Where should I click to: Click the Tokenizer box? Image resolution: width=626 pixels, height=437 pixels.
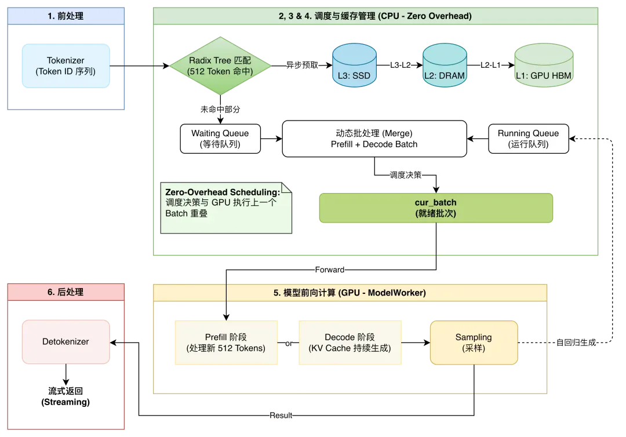66,66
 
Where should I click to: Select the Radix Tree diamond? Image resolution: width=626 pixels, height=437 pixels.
220,66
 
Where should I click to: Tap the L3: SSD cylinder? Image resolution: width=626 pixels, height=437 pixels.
354,65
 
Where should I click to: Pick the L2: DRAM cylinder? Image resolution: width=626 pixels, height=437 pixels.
445,65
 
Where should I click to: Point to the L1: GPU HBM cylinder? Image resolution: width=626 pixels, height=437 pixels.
544,65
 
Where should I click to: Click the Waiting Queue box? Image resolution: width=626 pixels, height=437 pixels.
220,139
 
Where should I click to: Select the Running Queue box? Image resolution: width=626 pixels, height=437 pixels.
529,139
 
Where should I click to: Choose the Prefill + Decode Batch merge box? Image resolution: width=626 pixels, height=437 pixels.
374,139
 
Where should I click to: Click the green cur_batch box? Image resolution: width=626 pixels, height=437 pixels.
436,208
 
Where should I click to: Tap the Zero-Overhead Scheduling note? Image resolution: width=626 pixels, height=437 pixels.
226,208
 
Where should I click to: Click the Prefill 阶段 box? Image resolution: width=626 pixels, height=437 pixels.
226,343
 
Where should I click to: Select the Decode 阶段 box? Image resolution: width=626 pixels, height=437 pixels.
350,343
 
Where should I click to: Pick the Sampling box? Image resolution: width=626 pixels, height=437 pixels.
474,343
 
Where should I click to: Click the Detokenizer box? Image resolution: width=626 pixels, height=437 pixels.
66,341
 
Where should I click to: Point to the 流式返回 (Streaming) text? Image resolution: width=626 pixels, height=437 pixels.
65,396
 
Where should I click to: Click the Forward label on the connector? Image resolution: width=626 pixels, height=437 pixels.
330,270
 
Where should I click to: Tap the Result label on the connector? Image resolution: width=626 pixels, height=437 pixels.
281,416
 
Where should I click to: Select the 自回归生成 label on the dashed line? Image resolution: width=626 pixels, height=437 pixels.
576,343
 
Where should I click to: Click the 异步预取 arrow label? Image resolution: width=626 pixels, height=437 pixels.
302,65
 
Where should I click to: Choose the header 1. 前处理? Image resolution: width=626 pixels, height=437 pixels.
66,16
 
